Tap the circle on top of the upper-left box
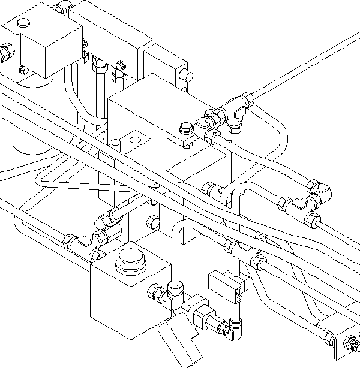[x=24, y=23]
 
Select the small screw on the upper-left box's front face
[x=23, y=69]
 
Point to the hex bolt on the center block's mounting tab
[x=186, y=128]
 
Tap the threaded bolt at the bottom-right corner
[x=352, y=344]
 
